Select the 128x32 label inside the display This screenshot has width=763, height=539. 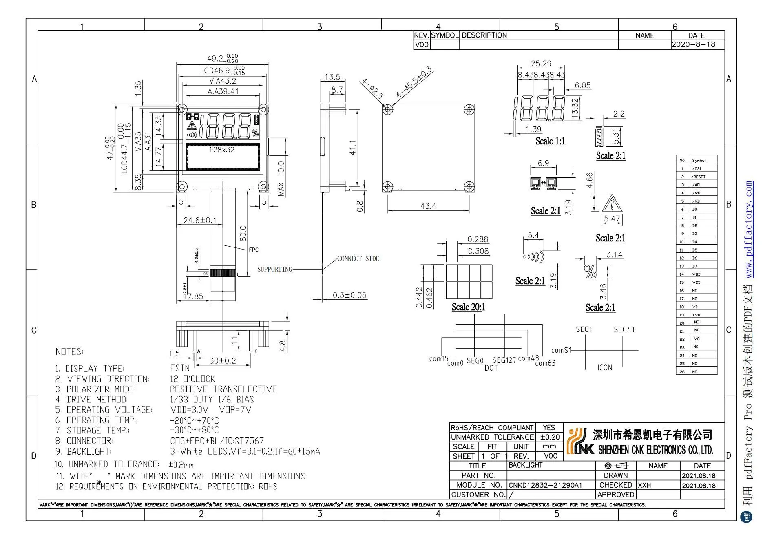(221, 150)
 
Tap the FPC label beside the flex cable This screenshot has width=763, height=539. (253, 250)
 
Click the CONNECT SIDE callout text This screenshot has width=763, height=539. (358, 258)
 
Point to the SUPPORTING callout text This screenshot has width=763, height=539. (274, 269)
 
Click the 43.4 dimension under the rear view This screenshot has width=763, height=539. (428, 206)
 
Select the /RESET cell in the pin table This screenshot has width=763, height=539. (699, 177)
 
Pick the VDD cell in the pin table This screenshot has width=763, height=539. (696, 274)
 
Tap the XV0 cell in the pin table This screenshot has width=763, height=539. (696, 315)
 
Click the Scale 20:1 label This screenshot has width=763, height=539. (468, 307)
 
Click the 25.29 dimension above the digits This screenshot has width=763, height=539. (541, 64)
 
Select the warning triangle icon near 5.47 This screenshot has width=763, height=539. (611, 203)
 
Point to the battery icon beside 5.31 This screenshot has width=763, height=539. (599, 137)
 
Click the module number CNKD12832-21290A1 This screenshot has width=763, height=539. (545, 485)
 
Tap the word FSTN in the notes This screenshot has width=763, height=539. (179, 369)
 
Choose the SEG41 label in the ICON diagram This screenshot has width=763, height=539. (624, 329)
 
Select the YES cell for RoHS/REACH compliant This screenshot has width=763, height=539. (548, 428)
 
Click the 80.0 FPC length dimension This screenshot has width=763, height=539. (243, 233)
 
